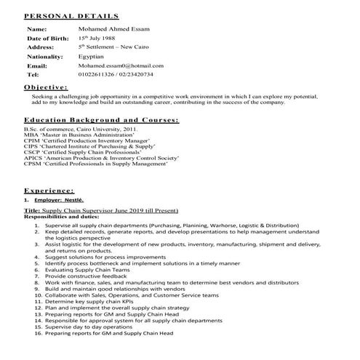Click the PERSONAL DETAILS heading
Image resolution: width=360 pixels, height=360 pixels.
coord(71,15)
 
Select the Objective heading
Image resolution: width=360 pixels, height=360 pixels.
coord(46,87)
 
